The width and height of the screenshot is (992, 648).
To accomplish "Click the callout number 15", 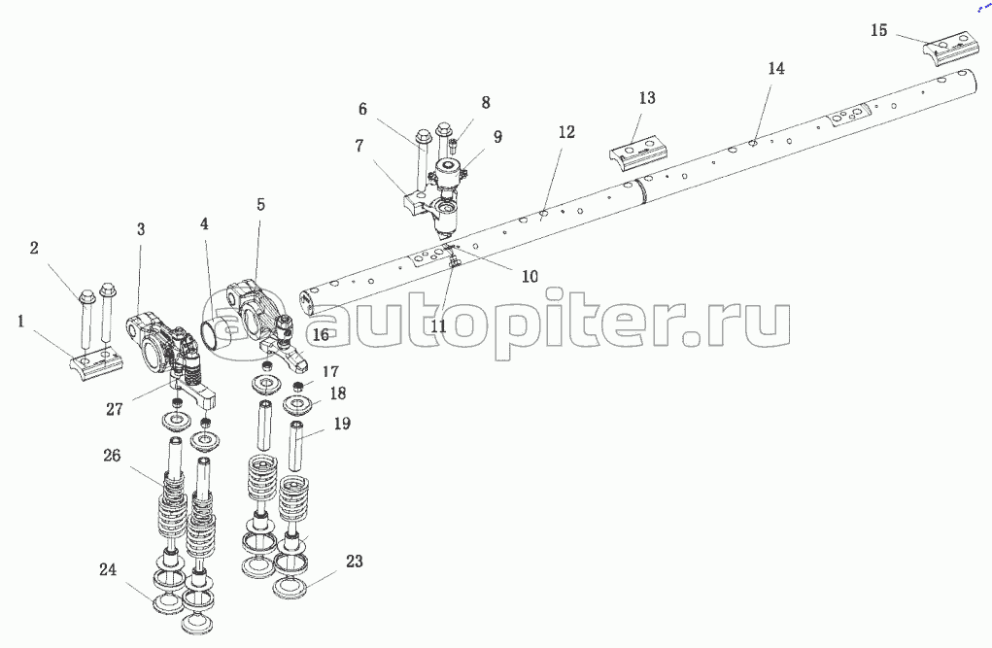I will coord(878,31).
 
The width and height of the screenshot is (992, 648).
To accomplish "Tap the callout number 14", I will coord(776,69).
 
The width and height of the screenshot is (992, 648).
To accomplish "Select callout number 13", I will coord(647,98).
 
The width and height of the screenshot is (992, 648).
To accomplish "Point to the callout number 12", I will coord(566,131).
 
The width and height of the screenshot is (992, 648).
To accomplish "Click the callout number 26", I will coord(113,456).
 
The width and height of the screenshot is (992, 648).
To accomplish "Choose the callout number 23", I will coord(354,561).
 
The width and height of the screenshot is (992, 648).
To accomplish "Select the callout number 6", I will coord(362,109).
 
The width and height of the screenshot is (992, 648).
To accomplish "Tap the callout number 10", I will coord(529,276).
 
